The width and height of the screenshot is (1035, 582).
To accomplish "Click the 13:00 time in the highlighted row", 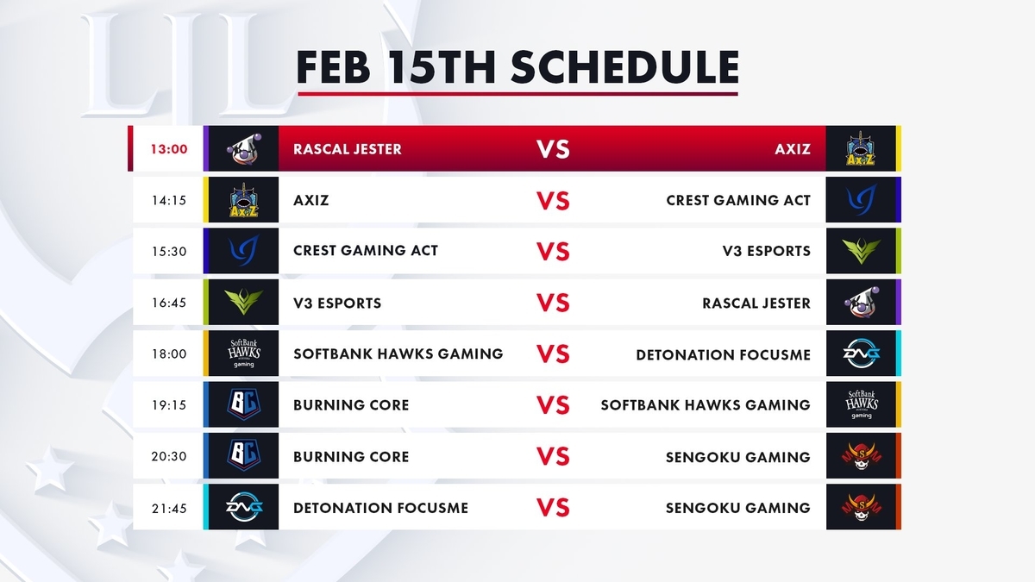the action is (x=169, y=149).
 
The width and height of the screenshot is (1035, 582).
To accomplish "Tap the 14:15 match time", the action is (x=169, y=200).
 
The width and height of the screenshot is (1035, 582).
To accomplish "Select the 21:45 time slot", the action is (x=169, y=508).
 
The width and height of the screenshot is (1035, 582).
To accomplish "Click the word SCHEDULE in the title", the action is (x=624, y=67).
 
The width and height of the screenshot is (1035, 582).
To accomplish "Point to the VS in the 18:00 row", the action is (x=553, y=354).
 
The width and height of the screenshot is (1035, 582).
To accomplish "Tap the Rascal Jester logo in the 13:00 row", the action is (x=243, y=149).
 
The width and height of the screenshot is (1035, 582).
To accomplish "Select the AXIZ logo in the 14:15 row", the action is (x=243, y=200).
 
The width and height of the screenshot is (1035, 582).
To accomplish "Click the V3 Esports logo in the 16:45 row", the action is (x=243, y=302).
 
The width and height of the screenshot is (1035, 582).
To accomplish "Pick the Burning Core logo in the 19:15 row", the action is (x=243, y=404).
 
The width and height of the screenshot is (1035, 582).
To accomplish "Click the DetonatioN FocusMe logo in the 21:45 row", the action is (x=243, y=507).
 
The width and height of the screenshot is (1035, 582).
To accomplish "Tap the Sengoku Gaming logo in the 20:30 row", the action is (x=862, y=456).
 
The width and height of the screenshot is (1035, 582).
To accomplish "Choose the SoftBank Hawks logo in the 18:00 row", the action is (x=243, y=354).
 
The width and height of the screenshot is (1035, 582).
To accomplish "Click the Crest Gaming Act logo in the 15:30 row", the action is (x=243, y=251).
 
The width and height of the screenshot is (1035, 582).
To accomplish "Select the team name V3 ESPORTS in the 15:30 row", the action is (x=767, y=251).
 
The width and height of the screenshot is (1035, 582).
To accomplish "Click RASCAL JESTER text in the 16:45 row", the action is (x=756, y=304).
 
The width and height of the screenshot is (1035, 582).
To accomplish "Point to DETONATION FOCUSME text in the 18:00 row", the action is (x=723, y=355).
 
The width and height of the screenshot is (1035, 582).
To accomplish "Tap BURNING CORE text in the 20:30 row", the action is (x=351, y=457).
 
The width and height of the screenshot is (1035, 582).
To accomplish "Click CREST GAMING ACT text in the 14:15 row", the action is (x=738, y=200).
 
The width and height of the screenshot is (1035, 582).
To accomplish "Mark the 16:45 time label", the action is (x=169, y=303).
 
